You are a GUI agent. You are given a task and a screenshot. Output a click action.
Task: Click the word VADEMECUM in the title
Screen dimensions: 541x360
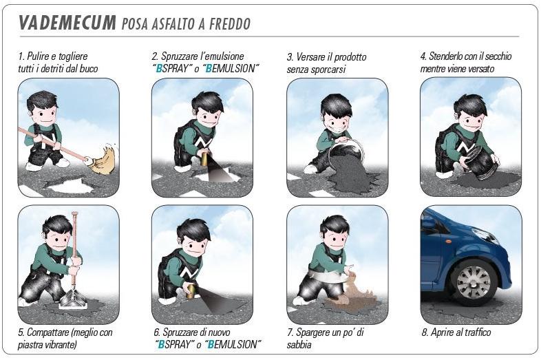pos(67,23)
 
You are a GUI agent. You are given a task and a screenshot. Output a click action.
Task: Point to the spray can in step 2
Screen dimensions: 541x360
pos(204,159)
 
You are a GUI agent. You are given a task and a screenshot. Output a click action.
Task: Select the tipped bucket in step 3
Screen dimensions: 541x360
pos(342,152)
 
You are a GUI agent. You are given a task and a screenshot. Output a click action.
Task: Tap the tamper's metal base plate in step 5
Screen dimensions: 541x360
pos(72,298)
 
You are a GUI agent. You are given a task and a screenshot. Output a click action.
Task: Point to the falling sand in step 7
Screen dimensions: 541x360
pos(355,290)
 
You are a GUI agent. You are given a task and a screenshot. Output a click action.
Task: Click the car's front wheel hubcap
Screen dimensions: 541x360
pos(474,282)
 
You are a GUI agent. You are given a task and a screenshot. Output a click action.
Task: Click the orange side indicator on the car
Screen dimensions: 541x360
pos(448,239)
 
